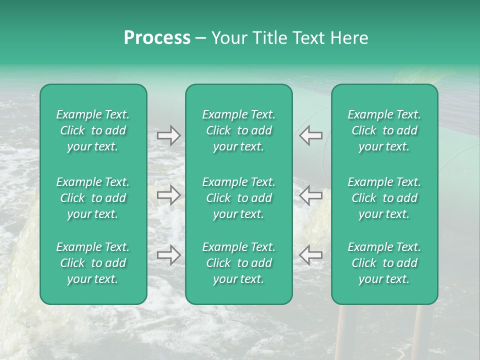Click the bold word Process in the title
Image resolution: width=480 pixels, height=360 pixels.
click(x=157, y=38)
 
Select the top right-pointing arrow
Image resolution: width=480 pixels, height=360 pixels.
click(x=168, y=135)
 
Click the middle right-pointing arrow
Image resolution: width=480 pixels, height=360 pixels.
click(x=168, y=195)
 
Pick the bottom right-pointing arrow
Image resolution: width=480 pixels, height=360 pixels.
click(x=168, y=255)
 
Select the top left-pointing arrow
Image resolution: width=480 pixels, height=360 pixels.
click(x=310, y=135)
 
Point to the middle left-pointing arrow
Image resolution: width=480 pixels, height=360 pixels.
click(x=310, y=195)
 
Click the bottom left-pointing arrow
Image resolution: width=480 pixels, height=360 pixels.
click(x=310, y=255)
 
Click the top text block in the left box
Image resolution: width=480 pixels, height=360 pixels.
click(x=93, y=130)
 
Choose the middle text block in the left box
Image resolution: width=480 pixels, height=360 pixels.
click(x=93, y=198)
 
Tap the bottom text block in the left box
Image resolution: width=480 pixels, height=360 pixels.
click(x=93, y=263)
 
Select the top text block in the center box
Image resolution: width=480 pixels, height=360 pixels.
click(x=238, y=130)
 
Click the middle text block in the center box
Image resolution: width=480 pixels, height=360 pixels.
click(x=238, y=198)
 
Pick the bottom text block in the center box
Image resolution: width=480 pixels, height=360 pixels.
click(x=238, y=263)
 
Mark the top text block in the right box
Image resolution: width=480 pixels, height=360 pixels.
click(x=384, y=130)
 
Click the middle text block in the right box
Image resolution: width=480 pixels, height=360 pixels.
click(x=384, y=198)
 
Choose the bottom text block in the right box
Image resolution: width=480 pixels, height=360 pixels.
click(x=384, y=263)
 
